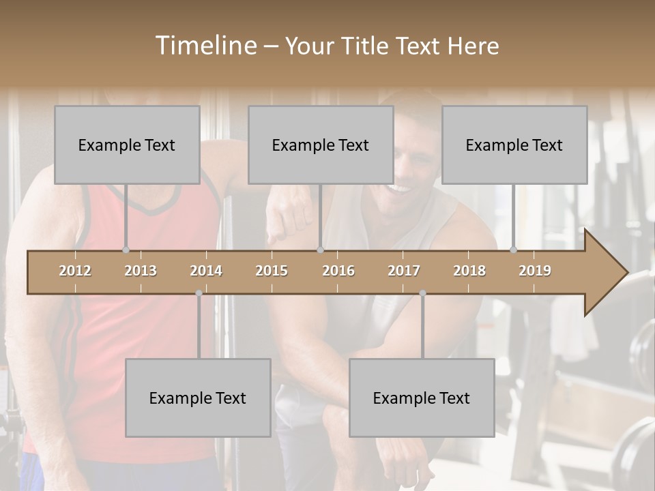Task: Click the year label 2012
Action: pyautogui.click(x=75, y=271)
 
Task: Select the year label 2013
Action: pyautogui.click(x=141, y=271)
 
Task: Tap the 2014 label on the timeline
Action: pyautogui.click(x=206, y=271)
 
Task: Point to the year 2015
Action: pyautogui.click(x=272, y=271)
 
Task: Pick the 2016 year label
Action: pyautogui.click(x=338, y=271)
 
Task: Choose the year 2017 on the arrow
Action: pyautogui.click(x=404, y=271)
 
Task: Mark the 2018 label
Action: pyautogui.click(x=469, y=271)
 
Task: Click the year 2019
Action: pyautogui.click(x=535, y=271)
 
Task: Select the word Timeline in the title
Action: pyautogui.click(x=205, y=46)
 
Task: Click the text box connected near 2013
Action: pyautogui.click(x=127, y=145)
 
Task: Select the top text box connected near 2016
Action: pyautogui.click(x=321, y=145)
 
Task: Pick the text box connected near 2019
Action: pyautogui.click(x=514, y=145)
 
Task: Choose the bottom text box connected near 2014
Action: pyautogui.click(x=198, y=398)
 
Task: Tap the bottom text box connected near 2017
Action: pyautogui.click(x=422, y=398)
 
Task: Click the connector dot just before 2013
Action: pyautogui.click(x=126, y=250)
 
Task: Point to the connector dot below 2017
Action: pyautogui.click(x=422, y=293)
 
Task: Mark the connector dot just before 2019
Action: pyautogui.click(x=514, y=250)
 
